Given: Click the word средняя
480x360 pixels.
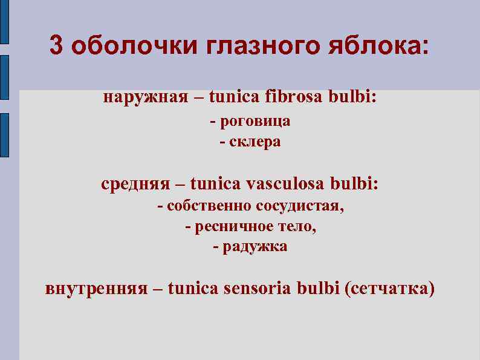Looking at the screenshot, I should pos(137,183).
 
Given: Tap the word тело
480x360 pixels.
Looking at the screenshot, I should pos(296,227).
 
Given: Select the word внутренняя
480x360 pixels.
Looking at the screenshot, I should pos(97,287).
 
